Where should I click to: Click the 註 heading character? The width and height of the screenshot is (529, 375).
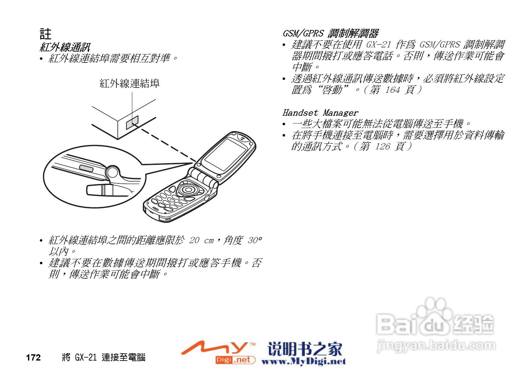pyautogui.click(x=45, y=34)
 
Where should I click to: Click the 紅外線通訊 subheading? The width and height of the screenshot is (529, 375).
pyautogui.click(x=65, y=47)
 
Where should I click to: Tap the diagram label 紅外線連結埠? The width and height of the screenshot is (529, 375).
pyautogui.click(x=129, y=83)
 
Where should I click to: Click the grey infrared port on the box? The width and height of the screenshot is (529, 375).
pyautogui.click(x=132, y=122)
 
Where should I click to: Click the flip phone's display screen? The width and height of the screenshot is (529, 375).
pyautogui.click(x=225, y=154)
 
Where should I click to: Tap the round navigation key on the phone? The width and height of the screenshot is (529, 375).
pyautogui.click(x=188, y=189)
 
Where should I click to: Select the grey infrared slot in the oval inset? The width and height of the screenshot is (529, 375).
pyautogui.click(x=86, y=168)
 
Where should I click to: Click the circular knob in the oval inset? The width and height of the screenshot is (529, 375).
pyautogui.click(x=112, y=172)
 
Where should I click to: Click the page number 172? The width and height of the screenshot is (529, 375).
pyautogui.click(x=33, y=357)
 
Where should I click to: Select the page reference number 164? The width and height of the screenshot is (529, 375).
pyautogui.click(x=392, y=90)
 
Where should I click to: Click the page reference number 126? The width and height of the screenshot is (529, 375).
pyautogui.click(x=382, y=146)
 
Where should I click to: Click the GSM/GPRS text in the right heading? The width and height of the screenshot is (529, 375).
pyautogui.click(x=303, y=33)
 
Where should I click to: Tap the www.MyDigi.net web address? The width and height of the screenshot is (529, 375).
pyautogui.click(x=304, y=361)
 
